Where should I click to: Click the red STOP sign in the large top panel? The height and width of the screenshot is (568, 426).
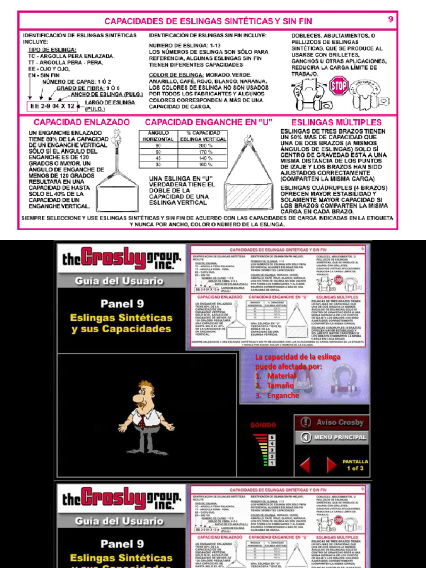(337, 86)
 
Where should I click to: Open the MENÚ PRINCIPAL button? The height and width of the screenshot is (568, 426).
(332, 437)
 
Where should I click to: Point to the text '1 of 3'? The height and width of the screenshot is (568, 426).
(355, 469)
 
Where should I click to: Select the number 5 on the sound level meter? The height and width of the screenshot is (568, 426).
(272, 437)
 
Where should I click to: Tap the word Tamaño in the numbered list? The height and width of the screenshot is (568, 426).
(281, 386)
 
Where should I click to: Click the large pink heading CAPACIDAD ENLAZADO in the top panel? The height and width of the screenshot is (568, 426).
(82, 121)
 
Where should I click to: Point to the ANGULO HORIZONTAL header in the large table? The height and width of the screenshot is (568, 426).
(158, 136)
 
